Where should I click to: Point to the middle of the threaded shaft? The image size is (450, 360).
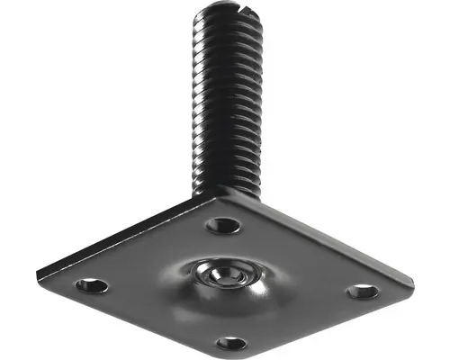coord(226,99)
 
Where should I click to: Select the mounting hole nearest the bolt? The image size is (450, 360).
coord(222,225)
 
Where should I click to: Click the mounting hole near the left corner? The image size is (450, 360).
coord(91,286)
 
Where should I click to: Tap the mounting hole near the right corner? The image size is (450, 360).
coord(363,292)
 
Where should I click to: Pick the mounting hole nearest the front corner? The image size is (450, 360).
coord(231,343)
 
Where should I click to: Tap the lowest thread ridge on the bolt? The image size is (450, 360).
coord(226,180)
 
